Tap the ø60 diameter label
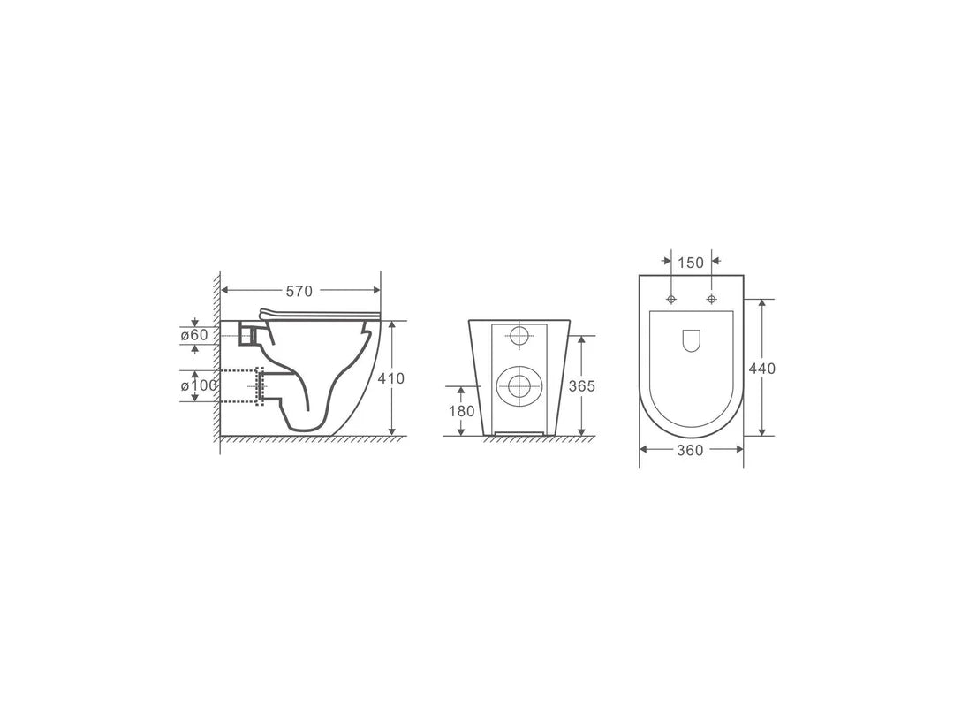pos(194,335)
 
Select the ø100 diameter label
pos(198,386)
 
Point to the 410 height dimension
pos(390,378)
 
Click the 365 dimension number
pos(581,385)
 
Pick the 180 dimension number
pos(461,411)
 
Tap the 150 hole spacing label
pos(691,263)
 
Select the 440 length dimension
pos(761,368)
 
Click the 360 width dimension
pos(690,451)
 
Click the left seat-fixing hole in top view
pos(671,300)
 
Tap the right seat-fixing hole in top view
pos(712,300)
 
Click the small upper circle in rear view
pos(519,335)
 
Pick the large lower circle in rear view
pos(519,385)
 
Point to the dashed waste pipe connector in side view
pos(259,386)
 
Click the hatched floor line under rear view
pos(530,438)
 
